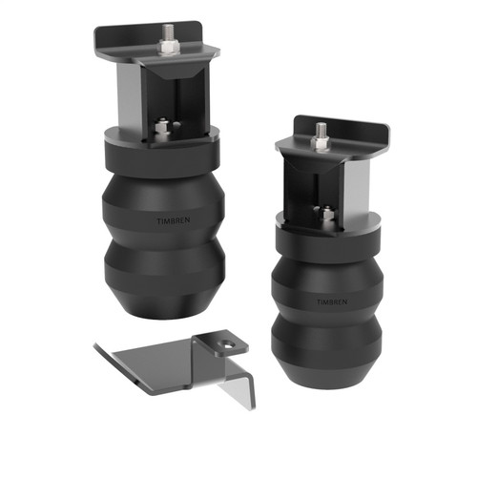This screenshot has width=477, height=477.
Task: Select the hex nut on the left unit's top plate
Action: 169,44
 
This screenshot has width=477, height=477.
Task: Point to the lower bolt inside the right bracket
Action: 326,214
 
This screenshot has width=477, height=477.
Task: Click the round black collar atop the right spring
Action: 326,238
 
